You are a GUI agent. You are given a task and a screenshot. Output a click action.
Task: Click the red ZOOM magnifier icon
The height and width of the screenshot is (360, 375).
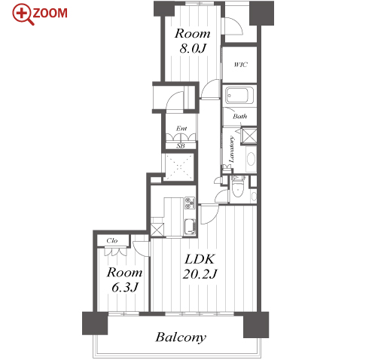[x=22, y=14]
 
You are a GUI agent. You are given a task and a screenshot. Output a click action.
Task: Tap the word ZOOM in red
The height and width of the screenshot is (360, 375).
[x=50, y=13]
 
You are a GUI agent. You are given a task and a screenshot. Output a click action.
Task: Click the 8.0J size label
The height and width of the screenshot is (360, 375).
[x=193, y=48]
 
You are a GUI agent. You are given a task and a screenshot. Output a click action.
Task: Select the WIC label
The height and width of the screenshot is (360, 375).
[x=240, y=65]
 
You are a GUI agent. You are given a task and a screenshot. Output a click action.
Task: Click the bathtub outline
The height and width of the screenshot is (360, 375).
[x=239, y=96]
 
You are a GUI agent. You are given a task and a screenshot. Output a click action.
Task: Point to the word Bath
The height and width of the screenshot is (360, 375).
[x=240, y=116]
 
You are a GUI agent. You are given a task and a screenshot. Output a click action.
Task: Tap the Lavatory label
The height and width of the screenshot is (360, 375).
[x=231, y=149]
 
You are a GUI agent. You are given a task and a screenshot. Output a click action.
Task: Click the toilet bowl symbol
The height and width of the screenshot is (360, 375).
[x=237, y=188]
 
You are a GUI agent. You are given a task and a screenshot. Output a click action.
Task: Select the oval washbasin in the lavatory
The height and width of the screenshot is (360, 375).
[x=251, y=159]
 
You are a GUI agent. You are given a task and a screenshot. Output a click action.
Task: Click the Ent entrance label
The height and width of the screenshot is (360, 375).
[x=181, y=128]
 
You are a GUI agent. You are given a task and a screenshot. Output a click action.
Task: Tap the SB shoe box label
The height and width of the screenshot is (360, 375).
[x=181, y=145]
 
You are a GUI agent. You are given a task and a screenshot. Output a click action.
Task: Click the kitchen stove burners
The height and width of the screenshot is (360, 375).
[x=190, y=203]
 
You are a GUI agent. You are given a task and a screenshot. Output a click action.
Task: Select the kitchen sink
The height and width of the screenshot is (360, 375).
[x=190, y=227]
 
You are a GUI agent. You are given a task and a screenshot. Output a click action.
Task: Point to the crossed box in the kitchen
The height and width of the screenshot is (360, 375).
[x=157, y=230]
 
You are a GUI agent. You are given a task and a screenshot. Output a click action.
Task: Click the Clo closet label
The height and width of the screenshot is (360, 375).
[x=111, y=240]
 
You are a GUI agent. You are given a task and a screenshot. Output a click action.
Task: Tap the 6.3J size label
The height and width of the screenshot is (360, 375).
[x=125, y=287]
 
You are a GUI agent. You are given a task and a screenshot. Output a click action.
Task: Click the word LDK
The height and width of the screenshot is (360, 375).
[x=200, y=259]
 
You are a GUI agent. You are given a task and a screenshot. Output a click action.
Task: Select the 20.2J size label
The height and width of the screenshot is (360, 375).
[x=200, y=273]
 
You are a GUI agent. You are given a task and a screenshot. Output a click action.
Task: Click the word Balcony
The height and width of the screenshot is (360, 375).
[x=181, y=337]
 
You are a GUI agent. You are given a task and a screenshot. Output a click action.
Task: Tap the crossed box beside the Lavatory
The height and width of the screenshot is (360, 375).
[x=248, y=136]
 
